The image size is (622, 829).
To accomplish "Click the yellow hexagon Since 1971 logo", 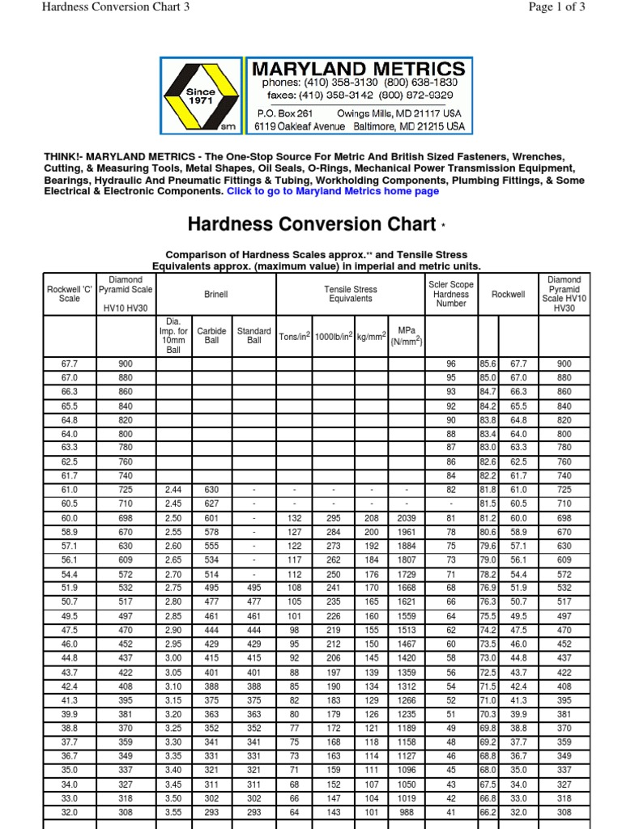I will pyautogui.click(x=201, y=96).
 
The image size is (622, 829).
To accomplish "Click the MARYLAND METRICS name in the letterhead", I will pyautogui.click(x=359, y=69).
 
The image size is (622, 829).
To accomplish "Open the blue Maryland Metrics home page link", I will pyautogui.click(x=333, y=192).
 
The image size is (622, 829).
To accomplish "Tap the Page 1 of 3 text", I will pyautogui.click(x=556, y=7).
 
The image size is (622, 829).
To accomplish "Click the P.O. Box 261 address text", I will pyautogui.click(x=284, y=114).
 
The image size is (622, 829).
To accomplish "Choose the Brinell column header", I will pyautogui.click(x=215, y=295).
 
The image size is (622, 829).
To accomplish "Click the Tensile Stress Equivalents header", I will pyautogui.click(x=350, y=295).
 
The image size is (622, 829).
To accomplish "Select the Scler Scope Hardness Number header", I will pyautogui.click(x=451, y=295).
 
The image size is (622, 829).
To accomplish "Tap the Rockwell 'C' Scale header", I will pyautogui.click(x=70, y=295).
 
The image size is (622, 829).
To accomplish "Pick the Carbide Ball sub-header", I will pyautogui.click(x=212, y=337).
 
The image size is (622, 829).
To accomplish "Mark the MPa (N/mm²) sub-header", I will pyautogui.click(x=407, y=337).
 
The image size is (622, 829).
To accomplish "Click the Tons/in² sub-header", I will pyautogui.click(x=295, y=337).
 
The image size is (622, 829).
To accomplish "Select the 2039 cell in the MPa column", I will pyautogui.click(x=407, y=518).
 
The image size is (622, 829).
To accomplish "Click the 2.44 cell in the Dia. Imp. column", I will pyautogui.click(x=173, y=491).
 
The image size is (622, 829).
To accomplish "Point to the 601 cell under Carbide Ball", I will pyautogui.click(x=212, y=518).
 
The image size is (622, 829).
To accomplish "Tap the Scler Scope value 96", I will pyautogui.click(x=451, y=365).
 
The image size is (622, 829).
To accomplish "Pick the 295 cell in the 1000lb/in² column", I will pyautogui.click(x=333, y=518).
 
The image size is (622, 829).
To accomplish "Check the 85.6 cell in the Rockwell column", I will pyautogui.click(x=488, y=365).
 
